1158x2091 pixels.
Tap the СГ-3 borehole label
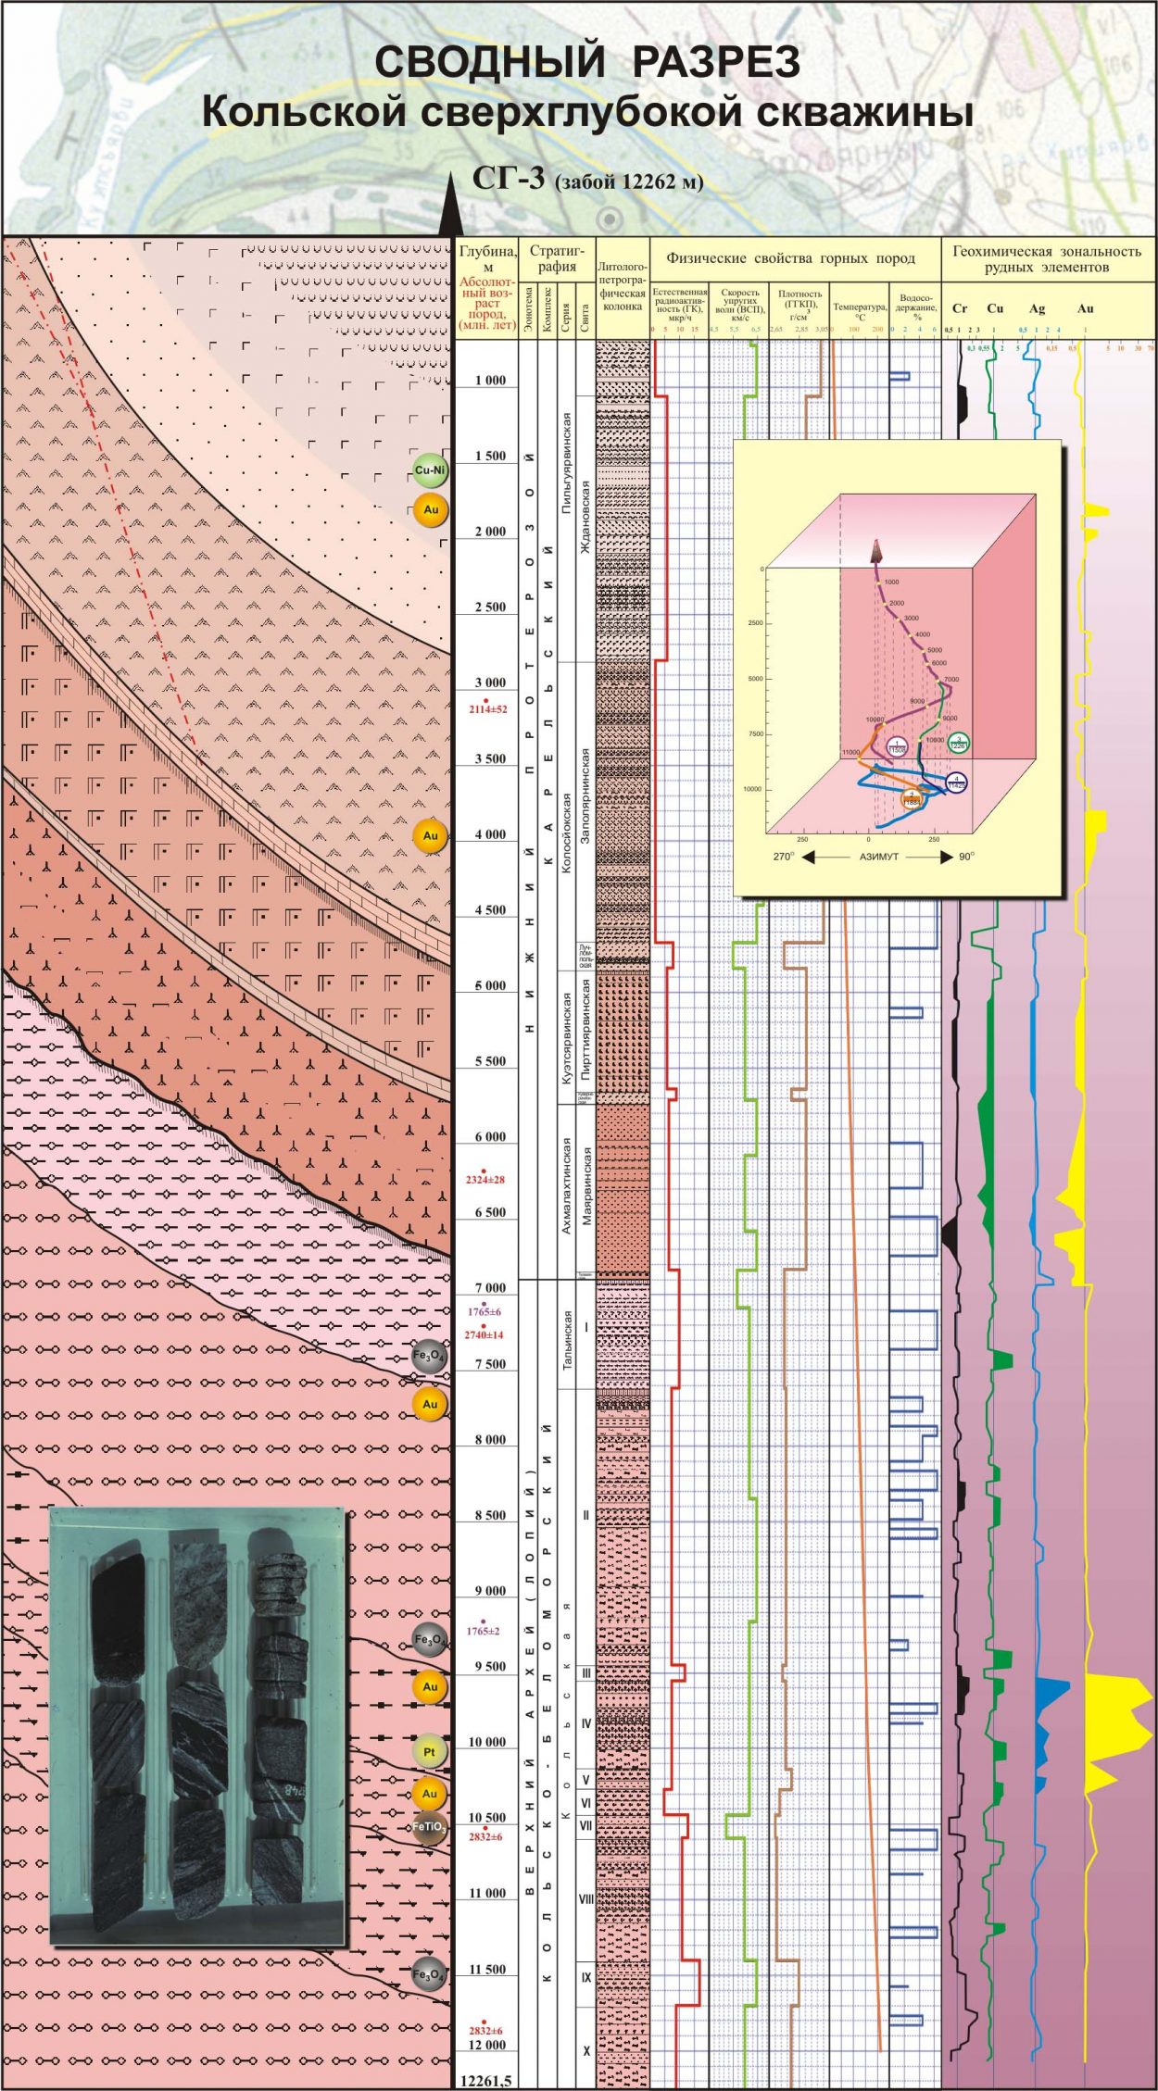tap(509, 178)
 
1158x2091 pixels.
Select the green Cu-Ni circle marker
tap(430, 470)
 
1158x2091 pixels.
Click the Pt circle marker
tap(429, 1751)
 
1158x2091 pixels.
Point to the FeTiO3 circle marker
tap(429, 1827)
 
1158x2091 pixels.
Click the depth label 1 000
tap(490, 381)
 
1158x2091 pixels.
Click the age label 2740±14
tap(485, 1334)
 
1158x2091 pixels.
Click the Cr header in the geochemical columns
tap(960, 308)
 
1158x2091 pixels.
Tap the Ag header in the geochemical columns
tap(1037, 308)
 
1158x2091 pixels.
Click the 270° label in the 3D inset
tap(784, 857)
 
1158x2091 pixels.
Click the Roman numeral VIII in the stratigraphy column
tap(585, 1898)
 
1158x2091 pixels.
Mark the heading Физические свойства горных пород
tap(790, 258)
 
